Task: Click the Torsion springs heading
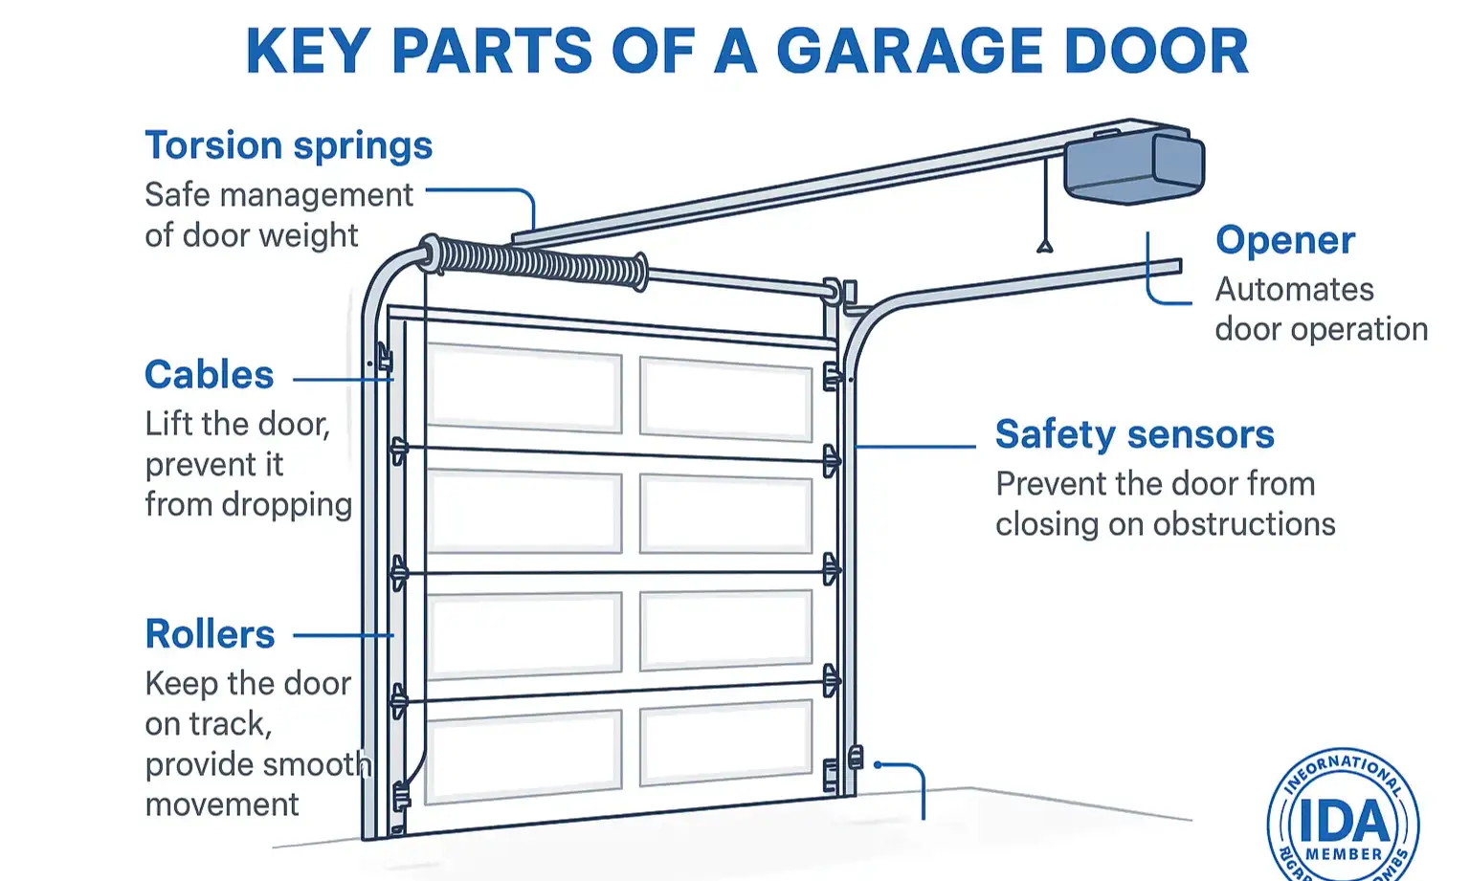[288, 146]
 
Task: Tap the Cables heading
[209, 375]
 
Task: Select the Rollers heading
[210, 634]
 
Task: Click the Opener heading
[1284, 240]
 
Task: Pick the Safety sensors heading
[1134, 434]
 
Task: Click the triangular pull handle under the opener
[1045, 246]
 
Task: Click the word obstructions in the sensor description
[1244, 524]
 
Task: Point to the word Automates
[1294, 290]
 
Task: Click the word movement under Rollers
[222, 804]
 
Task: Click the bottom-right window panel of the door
[725, 741]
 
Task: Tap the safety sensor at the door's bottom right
[856, 758]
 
